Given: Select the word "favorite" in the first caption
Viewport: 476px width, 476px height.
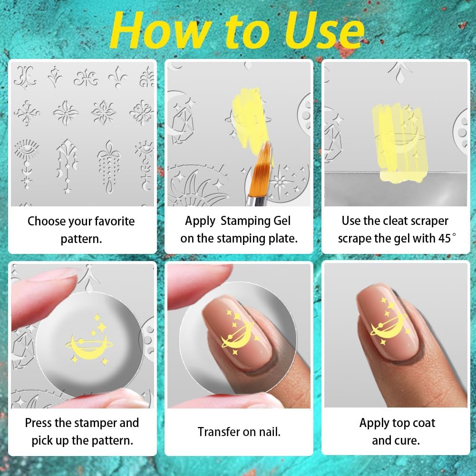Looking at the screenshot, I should pyautogui.click(x=109, y=222).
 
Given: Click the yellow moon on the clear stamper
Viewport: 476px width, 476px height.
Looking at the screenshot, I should pyautogui.click(x=85, y=346).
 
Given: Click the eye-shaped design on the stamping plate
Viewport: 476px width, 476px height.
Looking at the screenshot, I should pyautogui.click(x=24, y=152).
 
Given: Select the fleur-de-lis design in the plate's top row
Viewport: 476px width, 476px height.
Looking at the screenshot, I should pyautogui.click(x=117, y=76).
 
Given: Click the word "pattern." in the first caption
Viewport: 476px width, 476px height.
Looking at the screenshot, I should pyautogui.click(x=81, y=239).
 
